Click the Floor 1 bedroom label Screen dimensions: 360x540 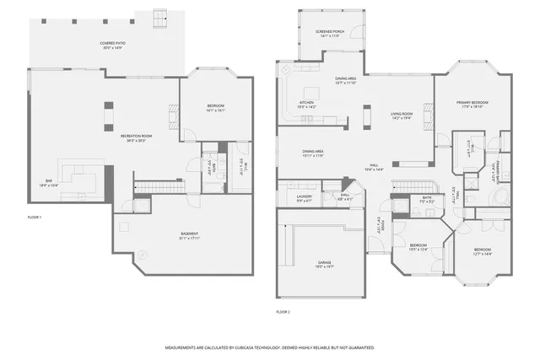(x=215, y=105)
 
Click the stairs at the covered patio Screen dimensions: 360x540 (x=160, y=18)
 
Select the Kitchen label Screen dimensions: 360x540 (x=306, y=105)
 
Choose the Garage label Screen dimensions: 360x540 (x=325, y=263)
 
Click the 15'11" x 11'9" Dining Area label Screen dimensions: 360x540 (x=313, y=153)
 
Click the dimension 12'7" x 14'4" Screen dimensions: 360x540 (x=482, y=253)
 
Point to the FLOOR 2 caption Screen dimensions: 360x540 (x=283, y=312)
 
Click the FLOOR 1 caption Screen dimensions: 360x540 (x=34, y=218)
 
